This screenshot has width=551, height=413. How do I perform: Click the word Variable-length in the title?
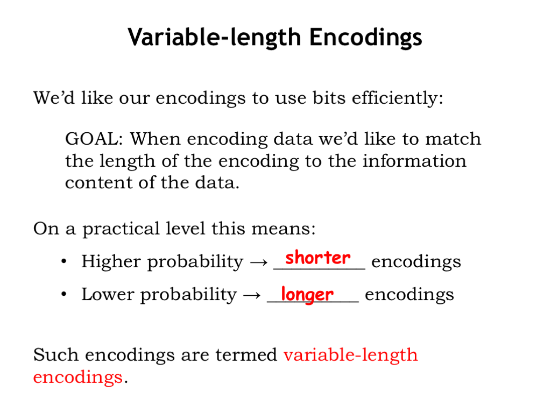214,37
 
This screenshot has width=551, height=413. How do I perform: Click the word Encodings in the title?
365,37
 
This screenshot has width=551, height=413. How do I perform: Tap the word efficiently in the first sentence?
398,98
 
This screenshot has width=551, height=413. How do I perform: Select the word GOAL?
94,139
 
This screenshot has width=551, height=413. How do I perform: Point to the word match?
453,139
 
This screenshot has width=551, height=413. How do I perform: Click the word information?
414,161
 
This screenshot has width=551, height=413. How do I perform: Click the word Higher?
111,262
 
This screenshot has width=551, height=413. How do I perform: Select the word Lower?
108,294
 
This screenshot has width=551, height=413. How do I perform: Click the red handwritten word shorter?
317,258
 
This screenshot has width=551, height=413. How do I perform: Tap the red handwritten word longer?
307,294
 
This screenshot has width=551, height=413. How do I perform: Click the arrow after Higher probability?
259,262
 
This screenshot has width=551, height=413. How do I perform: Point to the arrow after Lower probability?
252,295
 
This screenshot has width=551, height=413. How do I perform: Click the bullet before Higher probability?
63,261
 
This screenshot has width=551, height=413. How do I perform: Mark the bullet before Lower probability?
63,294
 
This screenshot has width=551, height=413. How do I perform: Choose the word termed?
246,355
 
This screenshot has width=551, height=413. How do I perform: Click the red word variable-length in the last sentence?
351,355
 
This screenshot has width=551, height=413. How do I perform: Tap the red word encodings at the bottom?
77,378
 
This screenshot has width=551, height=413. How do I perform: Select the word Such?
56,355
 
